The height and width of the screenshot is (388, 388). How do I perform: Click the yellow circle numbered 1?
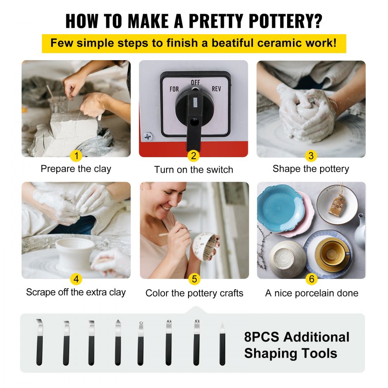tap(76, 156)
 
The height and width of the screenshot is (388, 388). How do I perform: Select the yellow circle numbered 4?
tap(76, 279)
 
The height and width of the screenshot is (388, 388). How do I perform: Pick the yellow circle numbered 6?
tap(311, 279)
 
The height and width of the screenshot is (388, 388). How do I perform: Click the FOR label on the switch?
tap(174, 89)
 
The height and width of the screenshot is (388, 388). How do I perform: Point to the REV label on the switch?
tap(217, 89)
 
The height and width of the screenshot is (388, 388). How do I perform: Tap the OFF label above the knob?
tap(195, 83)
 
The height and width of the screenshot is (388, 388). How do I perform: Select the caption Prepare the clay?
tap(76, 169)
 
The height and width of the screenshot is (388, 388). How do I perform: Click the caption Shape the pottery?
tap(311, 169)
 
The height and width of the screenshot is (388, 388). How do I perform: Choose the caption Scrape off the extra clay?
tap(76, 292)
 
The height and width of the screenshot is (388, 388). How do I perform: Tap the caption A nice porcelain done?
tap(312, 293)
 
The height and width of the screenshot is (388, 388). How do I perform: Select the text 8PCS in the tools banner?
tap(262, 337)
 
